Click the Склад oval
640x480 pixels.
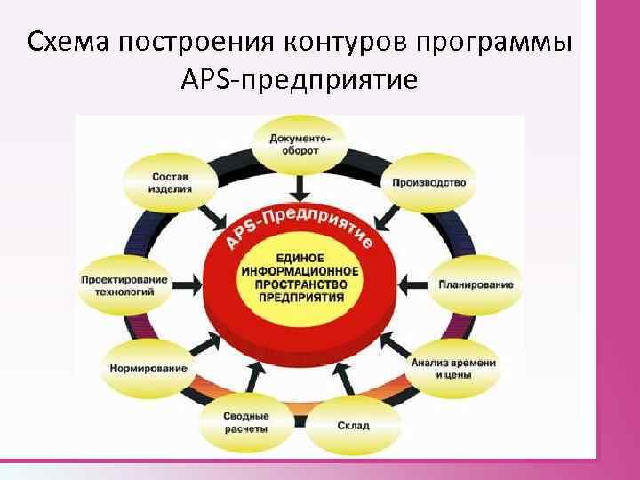[353, 425]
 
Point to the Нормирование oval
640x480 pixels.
[148, 368]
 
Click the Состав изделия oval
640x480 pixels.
[170, 183]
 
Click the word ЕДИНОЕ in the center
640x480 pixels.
[301, 257]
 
